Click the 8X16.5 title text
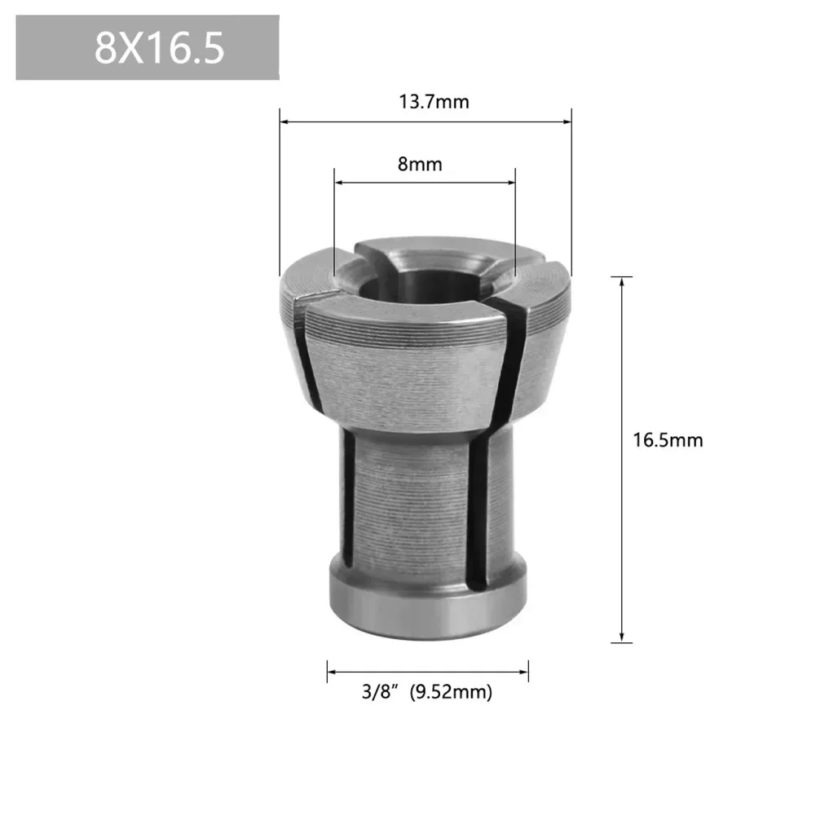coord(159,49)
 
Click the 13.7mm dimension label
coord(434,102)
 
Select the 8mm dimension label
coord(420,164)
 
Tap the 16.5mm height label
coord(668,440)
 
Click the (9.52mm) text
coord(451,693)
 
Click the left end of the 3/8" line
coord(329,672)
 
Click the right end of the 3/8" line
coord(527,672)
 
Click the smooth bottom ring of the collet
coord(424,607)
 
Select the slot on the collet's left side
coord(348,497)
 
